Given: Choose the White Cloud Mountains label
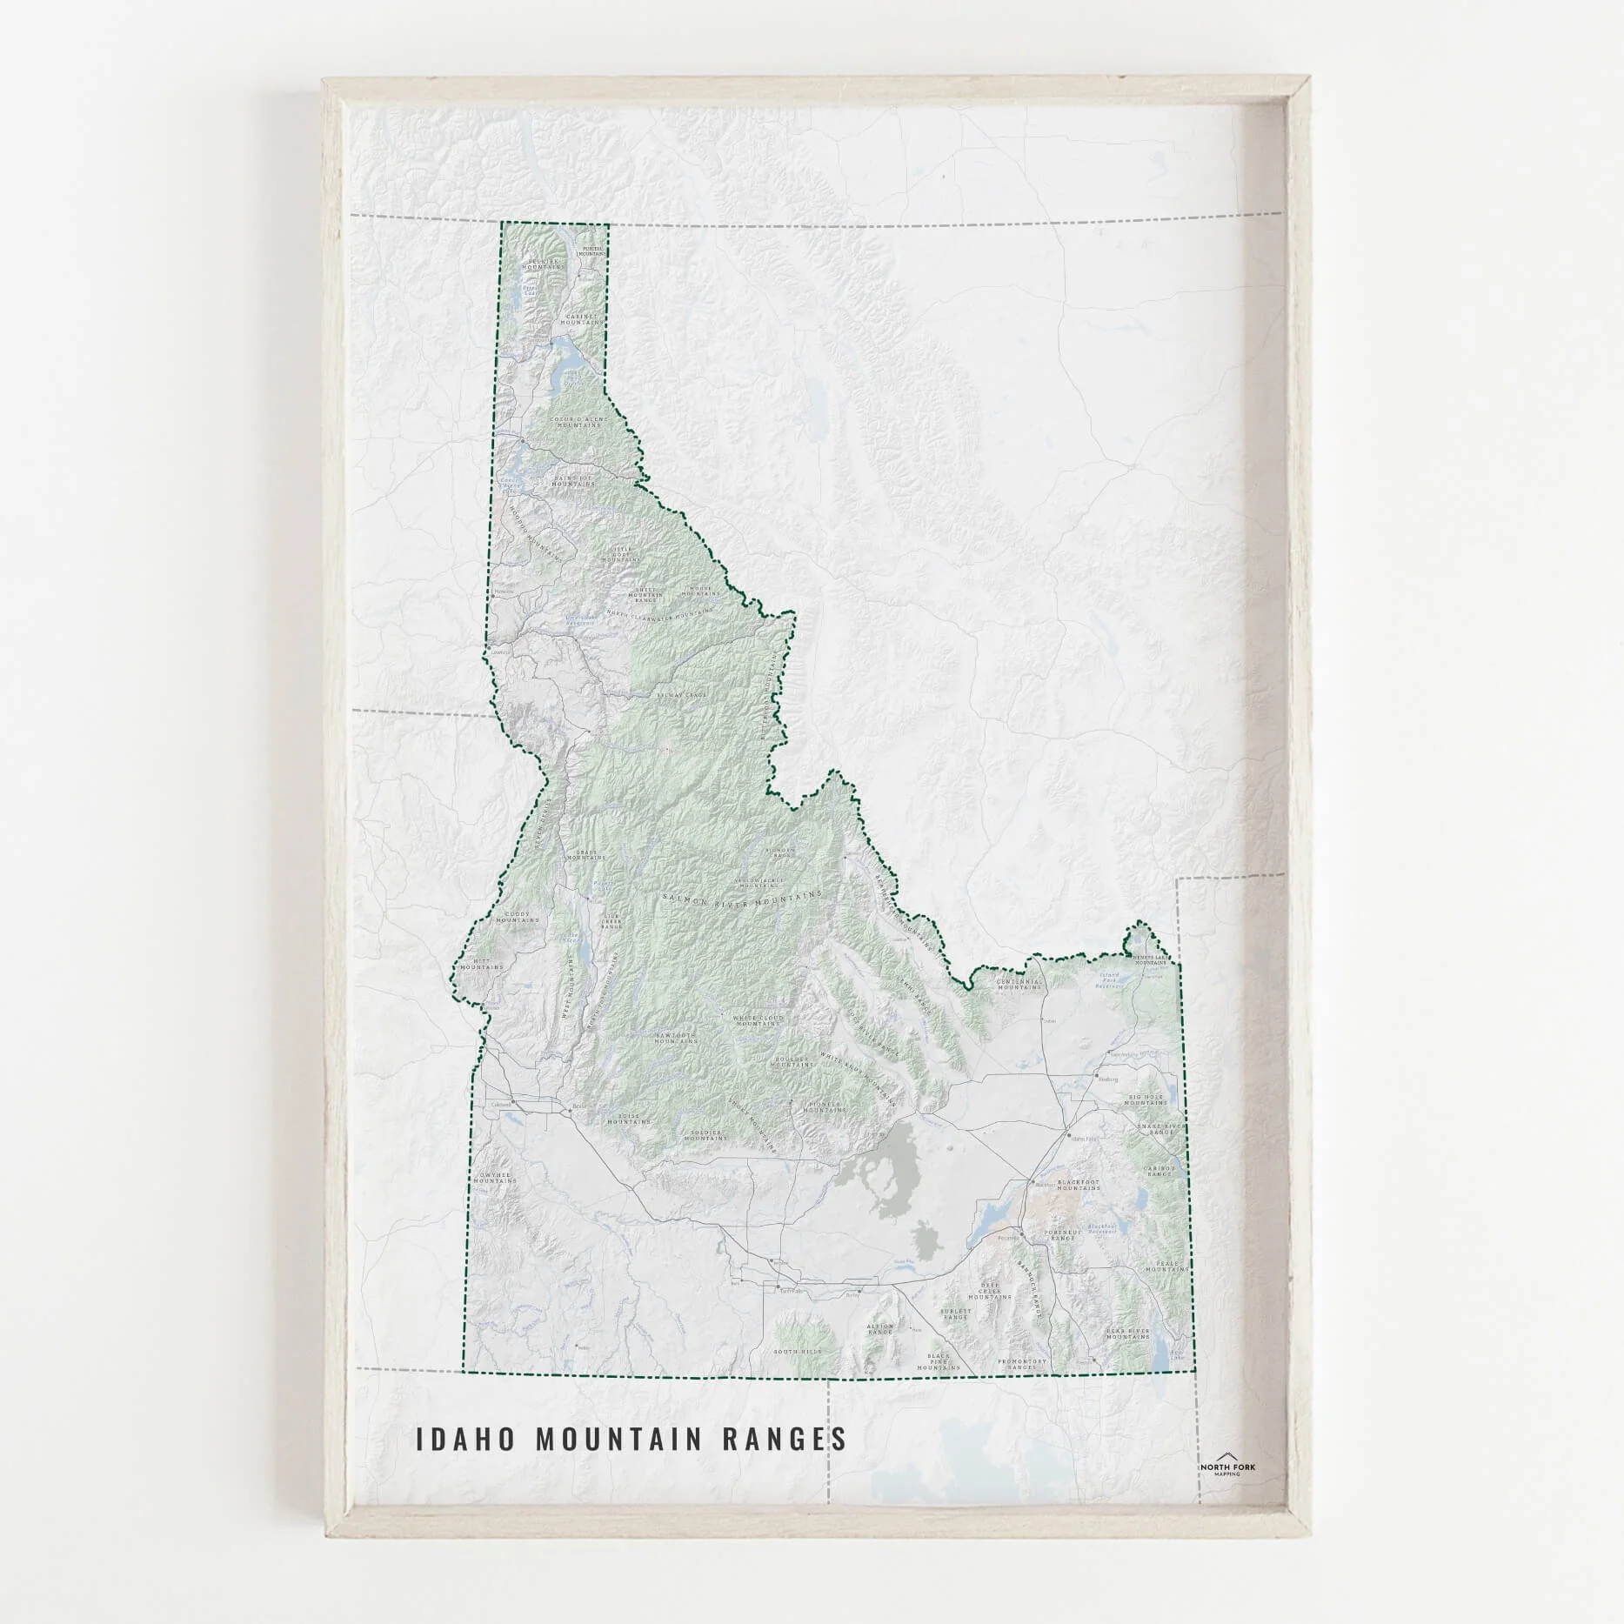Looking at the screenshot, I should point(759,1020).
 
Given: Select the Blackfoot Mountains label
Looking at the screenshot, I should point(1079,1186).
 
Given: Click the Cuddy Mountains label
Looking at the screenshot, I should point(522,918).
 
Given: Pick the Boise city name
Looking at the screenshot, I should point(581,1107).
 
